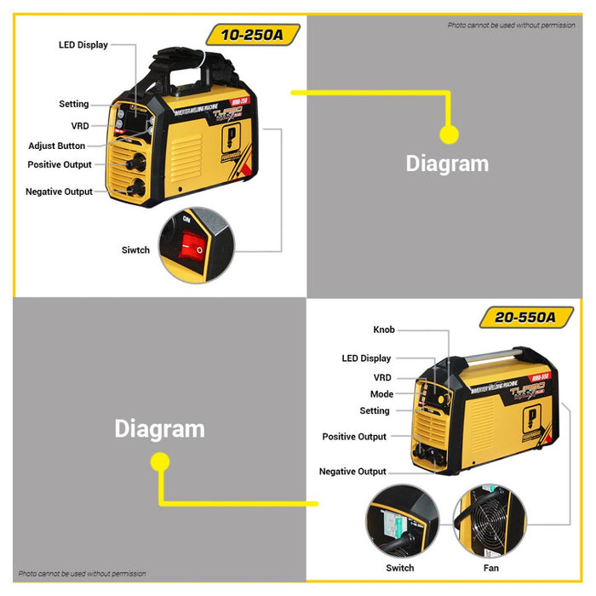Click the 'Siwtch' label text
click(x=135, y=250)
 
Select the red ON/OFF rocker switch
click(x=192, y=248)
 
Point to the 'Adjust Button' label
click(x=56, y=146)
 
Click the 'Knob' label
click(x=383, y=330)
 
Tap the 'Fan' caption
click(x=491, y=568)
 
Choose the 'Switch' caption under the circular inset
click(x=400, y=568)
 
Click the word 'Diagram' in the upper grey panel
click(x=447, y=163)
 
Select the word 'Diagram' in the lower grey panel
click(x=159, y=428)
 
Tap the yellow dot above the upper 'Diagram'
click(x=449, y=134)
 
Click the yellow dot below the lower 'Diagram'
click(x=159, y=461)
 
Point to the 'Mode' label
click(x=381, y=394)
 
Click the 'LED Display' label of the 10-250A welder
click(x=83, y=45)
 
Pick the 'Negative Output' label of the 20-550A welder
click(x=352, y=472)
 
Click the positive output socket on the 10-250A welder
click(x=133, y=163)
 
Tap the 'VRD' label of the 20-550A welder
click(x=382, y=377)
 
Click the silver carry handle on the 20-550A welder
click(x=494, y=355)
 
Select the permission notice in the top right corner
click(x=511, y=26)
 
